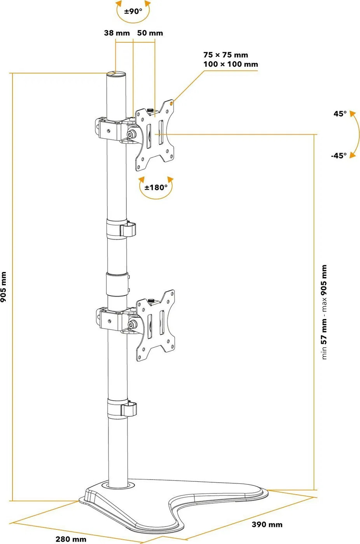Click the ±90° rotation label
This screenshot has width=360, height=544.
pos(133,12)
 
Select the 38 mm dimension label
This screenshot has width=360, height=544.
pos(117,33)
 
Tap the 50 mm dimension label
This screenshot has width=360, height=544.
pos(150,33)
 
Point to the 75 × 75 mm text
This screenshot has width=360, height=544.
pos(225,55)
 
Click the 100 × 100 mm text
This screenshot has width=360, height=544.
pos(231,64)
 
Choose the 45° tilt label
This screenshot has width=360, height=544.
pos(339,114)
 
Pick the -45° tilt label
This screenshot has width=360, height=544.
pos(338,155)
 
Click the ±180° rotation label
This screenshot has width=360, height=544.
pos(156,188)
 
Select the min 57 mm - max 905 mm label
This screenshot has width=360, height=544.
pos(324,312)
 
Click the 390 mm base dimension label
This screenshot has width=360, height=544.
pos(267,525)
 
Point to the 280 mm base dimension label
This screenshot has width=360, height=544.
pos(71,539)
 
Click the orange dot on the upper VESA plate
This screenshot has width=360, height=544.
pos(172,104)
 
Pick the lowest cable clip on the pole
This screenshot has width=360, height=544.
pos(128,409)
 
